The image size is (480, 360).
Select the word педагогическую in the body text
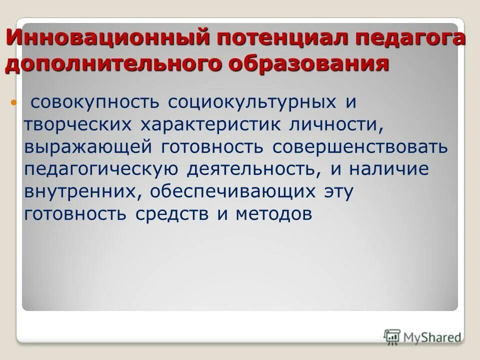(x=100, y=169)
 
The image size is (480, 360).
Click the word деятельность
(x=254, y=169)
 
